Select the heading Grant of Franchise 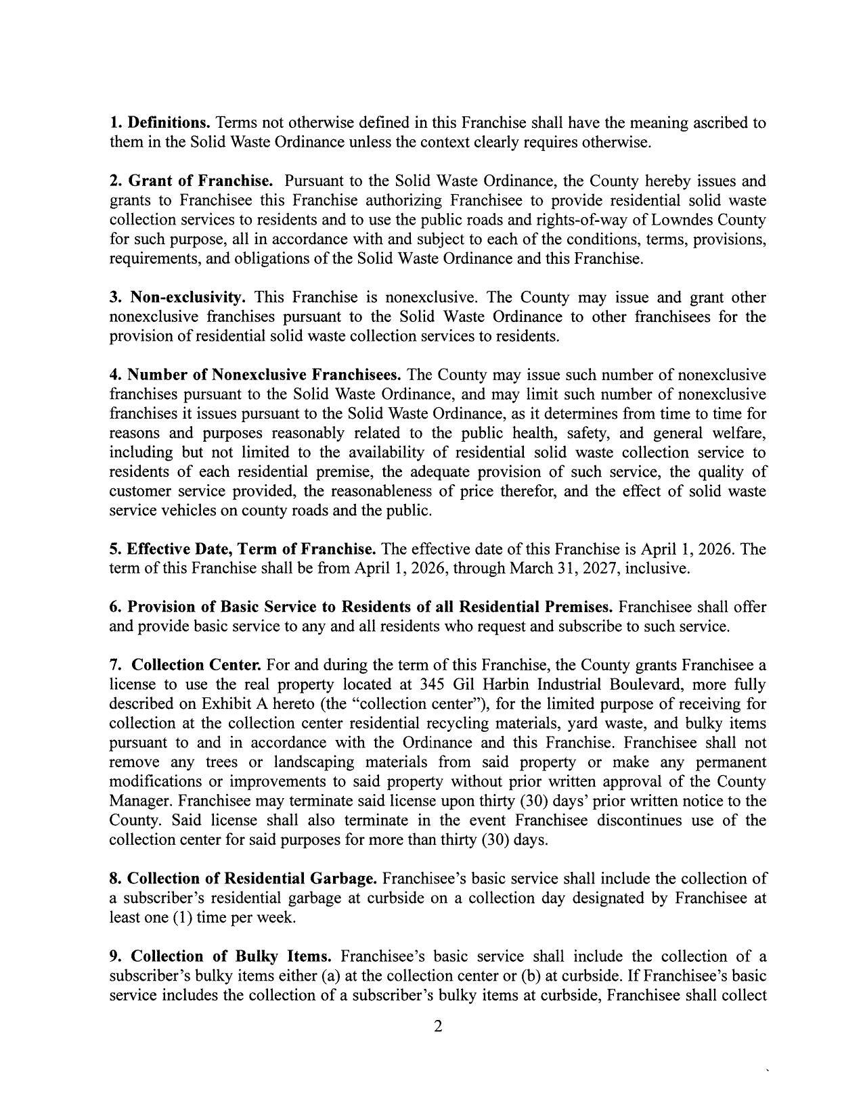point(200,181)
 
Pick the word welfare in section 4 point(741,433)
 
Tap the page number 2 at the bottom point(437,1027)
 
